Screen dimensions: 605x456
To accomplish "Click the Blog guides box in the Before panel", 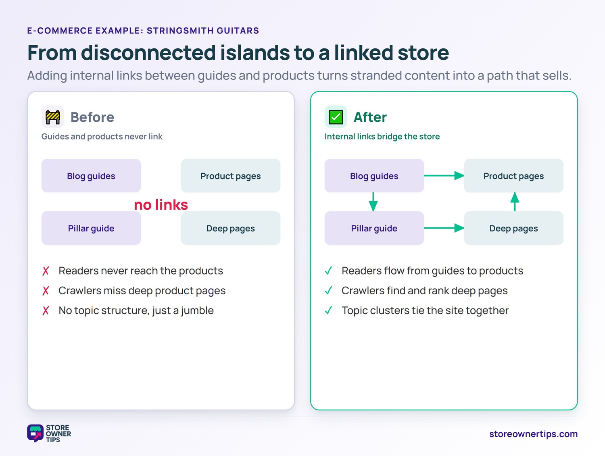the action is point(91,175).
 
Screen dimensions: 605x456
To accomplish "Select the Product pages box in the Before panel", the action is point(230,175).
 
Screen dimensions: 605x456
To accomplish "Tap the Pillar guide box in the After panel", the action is point(374,228).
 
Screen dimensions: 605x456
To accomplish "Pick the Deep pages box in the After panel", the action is point(513,228).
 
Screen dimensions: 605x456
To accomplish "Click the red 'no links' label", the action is point(161,205).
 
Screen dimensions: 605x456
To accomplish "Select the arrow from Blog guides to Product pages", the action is point(444,175).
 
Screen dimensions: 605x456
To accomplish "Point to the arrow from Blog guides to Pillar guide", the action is point(373,202).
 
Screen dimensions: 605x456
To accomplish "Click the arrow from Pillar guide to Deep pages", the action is point(444,228).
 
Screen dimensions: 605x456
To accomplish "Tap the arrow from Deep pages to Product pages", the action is point(515,202).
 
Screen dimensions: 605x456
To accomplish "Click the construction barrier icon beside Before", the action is point(53,117).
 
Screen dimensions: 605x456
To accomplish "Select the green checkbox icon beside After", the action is point(336,117).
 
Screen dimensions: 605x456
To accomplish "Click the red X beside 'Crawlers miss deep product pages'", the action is point(46,291).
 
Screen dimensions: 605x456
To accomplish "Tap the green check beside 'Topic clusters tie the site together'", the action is point(329,310).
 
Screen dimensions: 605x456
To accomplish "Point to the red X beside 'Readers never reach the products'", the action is point(46,271).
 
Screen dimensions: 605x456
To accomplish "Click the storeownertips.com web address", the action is point(533,434).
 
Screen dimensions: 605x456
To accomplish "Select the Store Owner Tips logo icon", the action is point(35,433).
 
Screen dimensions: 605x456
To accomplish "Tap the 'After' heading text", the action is point(370,117).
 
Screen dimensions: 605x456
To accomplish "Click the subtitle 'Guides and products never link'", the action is point(102,136).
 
